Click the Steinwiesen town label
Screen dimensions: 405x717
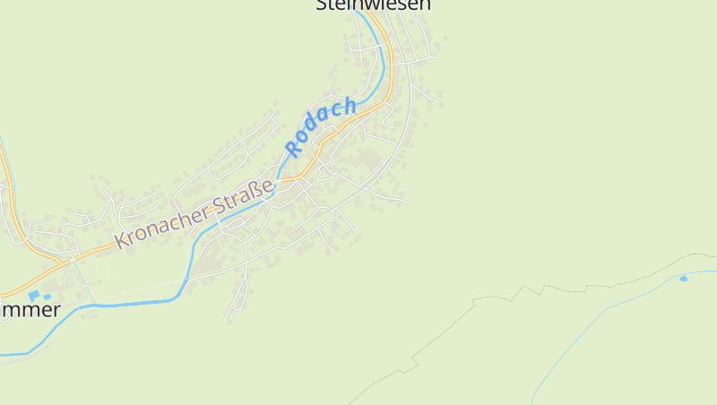[374, 4]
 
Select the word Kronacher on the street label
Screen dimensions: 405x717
[162, 225]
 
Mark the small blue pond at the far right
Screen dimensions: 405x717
[683, 279]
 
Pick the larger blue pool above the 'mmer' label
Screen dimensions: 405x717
[34, 295]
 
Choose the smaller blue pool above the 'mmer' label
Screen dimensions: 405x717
[47, 297]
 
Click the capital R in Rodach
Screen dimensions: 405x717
[293, 147]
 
